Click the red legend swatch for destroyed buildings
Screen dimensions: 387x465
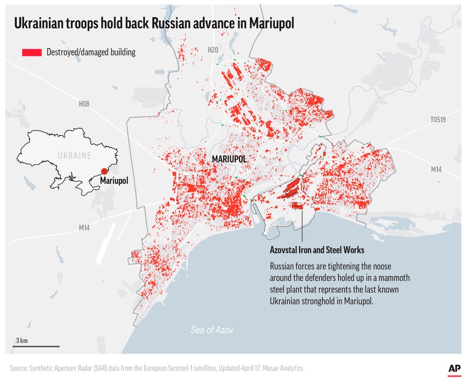click(32, 53)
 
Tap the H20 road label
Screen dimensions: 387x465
click(213, 50)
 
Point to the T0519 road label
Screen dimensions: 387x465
click(438, 119)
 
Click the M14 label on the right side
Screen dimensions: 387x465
click(435, 169)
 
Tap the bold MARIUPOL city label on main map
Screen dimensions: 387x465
click(229, 159)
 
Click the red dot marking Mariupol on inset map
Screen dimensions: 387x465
click(104, 171)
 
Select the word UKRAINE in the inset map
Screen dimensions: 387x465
click(74, 155)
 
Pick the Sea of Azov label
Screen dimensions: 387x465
click(212, 330)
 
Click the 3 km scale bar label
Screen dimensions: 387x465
click(22, 340)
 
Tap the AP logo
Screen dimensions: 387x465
click(454, 369)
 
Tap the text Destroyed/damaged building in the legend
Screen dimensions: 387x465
click(91, 53)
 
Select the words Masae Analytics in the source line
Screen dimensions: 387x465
click(281, 369)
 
